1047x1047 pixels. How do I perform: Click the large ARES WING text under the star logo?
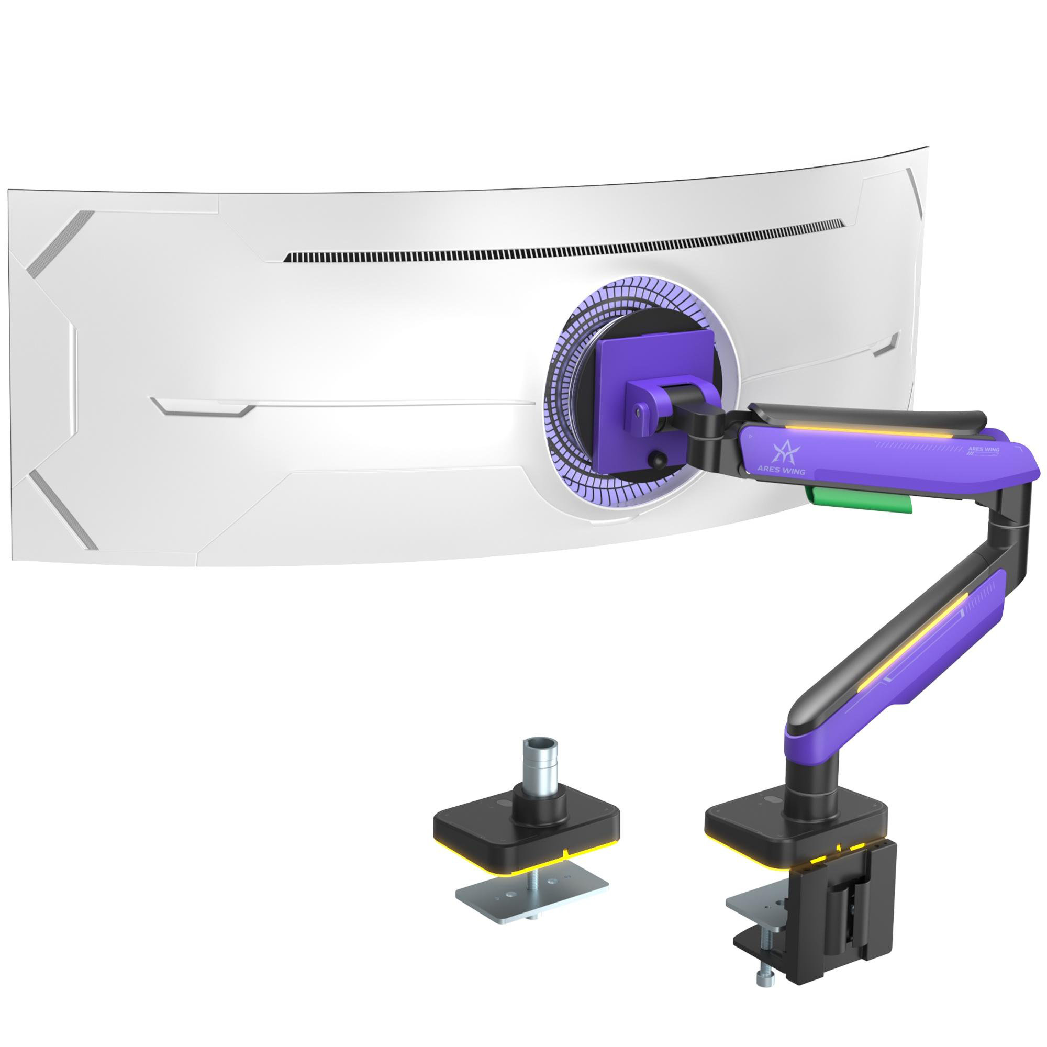click(x=781, y=456)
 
